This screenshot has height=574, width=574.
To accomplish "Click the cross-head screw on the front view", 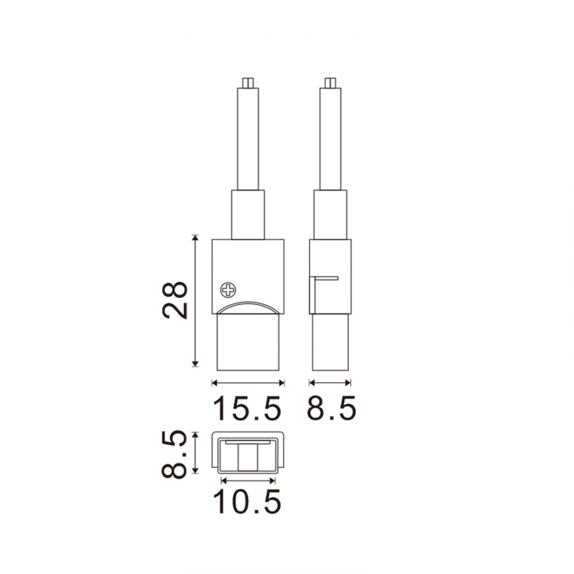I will coord(228,290).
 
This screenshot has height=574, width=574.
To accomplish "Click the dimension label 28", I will coord(175,300).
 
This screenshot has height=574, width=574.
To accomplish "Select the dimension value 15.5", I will coord(247,408).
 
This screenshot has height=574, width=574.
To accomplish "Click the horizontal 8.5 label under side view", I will coord(331,408).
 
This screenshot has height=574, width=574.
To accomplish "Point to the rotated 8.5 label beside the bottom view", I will coord(174,454).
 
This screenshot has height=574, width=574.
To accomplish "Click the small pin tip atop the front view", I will coord(248,83).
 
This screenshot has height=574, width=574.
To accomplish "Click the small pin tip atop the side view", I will coord(330,83).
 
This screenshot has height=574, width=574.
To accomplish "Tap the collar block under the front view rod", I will coord(248,215).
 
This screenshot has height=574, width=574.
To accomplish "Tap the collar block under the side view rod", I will coord(330,215).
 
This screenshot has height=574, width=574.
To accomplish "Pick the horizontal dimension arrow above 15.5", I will coord(248,383).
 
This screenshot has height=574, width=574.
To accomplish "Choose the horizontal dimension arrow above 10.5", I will coord(248,480).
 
